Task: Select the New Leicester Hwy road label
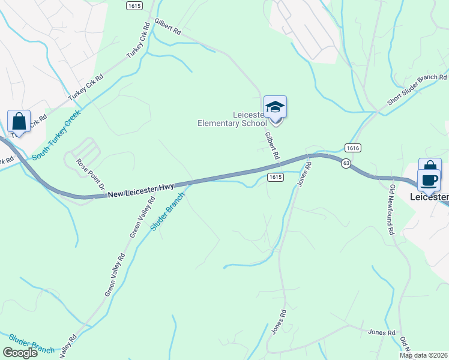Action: (x=141, y=190)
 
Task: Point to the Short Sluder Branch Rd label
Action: (x=417, y=91)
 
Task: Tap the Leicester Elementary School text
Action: (x=232, y=119)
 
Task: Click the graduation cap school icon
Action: (x=275, y=107)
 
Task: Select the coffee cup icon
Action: (x=429, y=179)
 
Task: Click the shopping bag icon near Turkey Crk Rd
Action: (x=19, y=122)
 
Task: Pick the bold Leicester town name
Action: (x=429, y=197)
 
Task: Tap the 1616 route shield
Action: (x=352, y=148)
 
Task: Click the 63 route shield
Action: (x=346, y=163)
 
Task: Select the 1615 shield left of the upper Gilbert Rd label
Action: (x=134, y=5)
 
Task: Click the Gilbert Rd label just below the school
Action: (x=273, y=146)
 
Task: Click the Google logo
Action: (x=20, y=353)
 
